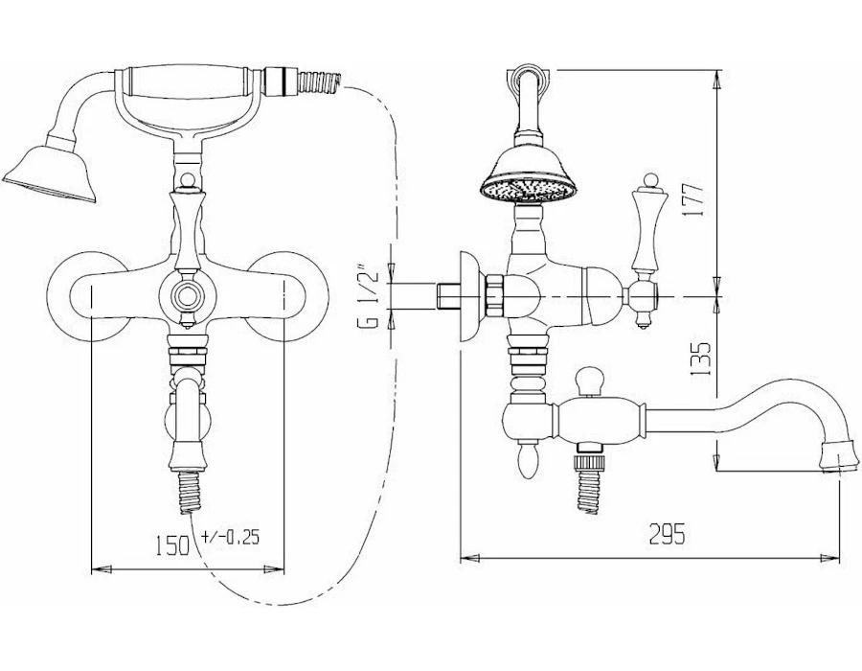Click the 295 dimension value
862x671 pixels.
tap(668, 534)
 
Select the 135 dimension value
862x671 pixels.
tap(700, 359)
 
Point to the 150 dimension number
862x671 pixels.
tap(172, 545)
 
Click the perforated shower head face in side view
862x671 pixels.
tap(529, 190)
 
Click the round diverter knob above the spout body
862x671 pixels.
tap(589, 380)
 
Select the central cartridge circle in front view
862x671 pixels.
tap(188, 297)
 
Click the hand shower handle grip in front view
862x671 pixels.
tap(187, 82)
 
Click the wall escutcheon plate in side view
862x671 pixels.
tap(469, 297)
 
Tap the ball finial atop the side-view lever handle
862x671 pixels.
tap(651, 180)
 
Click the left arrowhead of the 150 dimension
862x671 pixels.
tap(102, 569)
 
